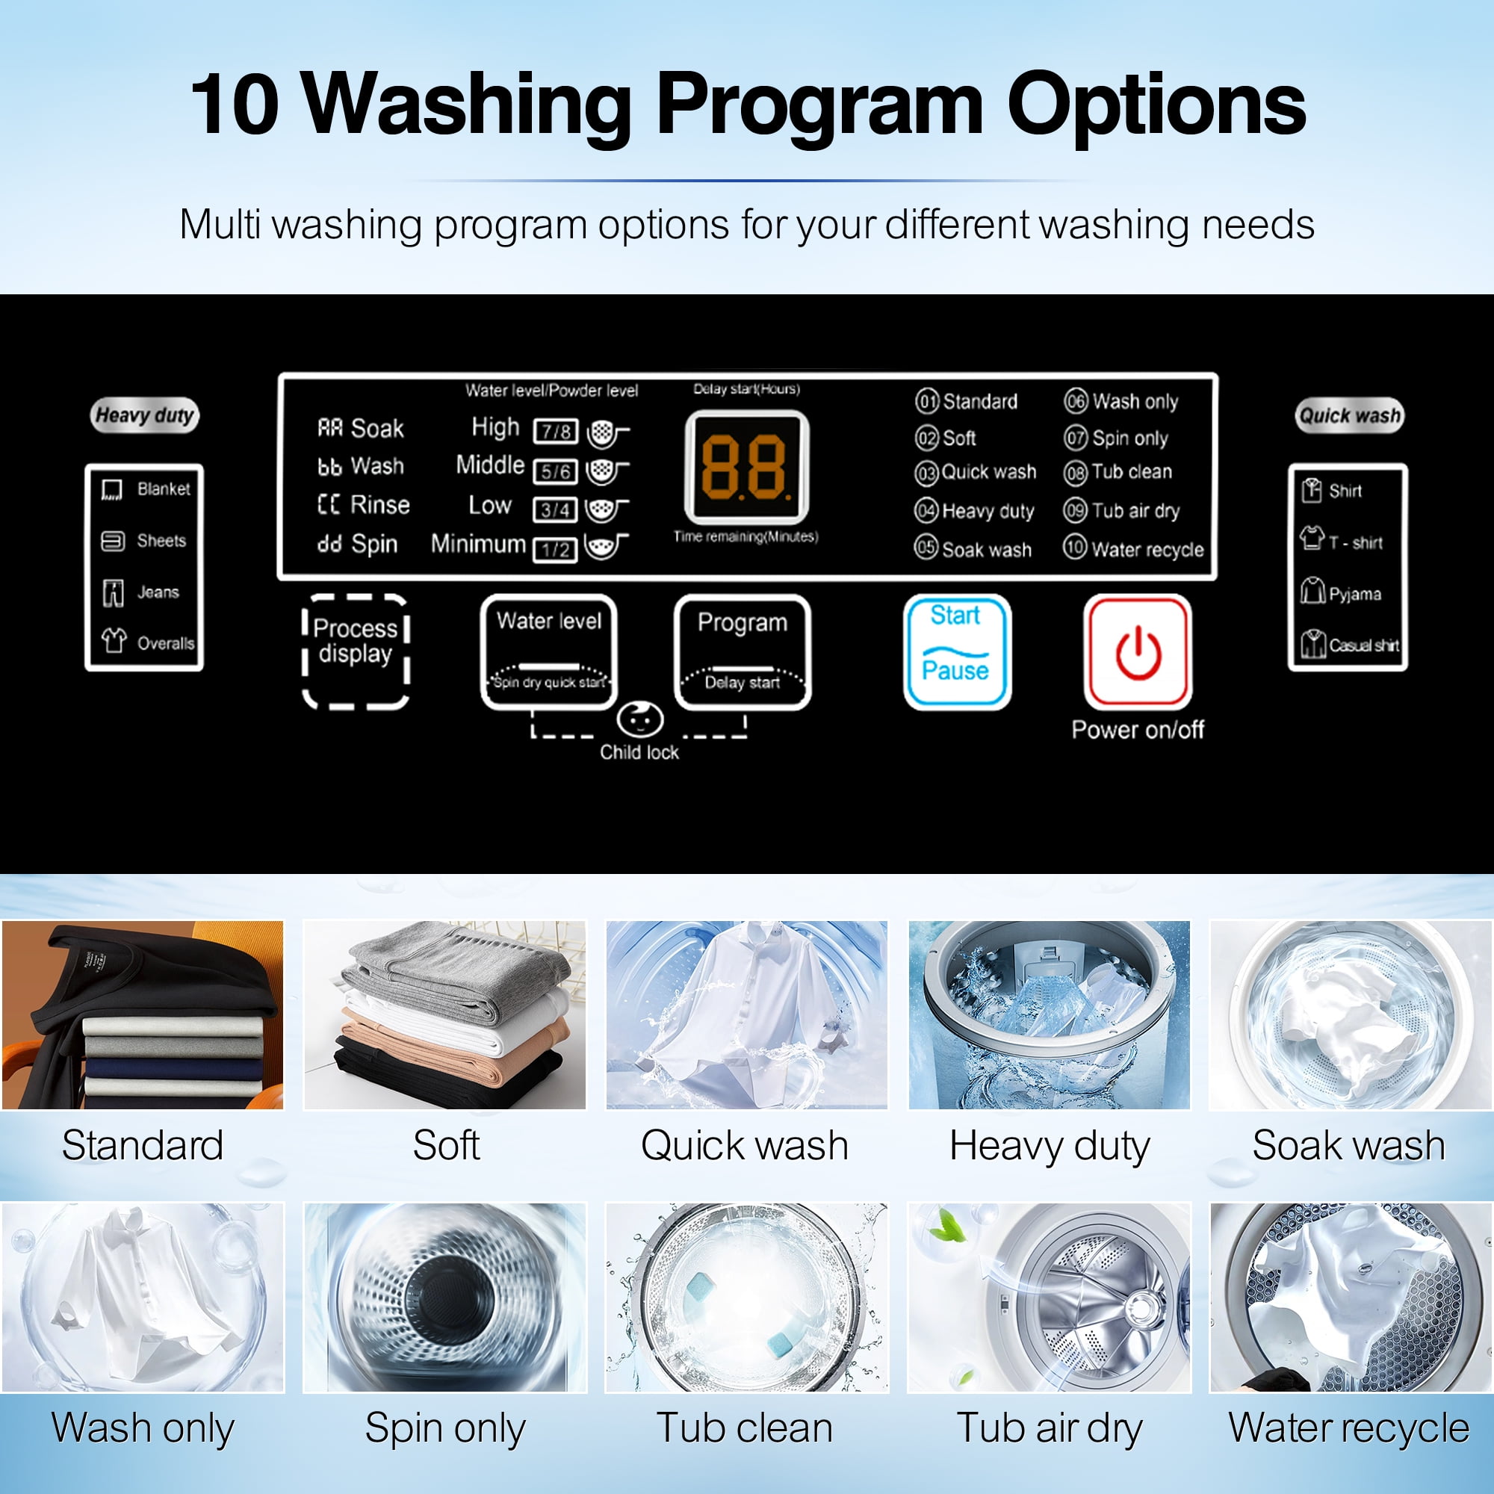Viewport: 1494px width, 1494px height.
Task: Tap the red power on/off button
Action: click(1138, 652)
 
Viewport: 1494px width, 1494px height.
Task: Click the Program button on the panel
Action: click(743, 652)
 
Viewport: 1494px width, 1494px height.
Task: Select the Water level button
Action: click(549, 652)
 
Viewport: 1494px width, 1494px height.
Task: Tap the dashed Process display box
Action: click(355, 652)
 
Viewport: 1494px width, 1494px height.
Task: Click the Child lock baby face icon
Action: click(639, 719)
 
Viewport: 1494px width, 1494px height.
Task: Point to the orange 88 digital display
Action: click(747, 467)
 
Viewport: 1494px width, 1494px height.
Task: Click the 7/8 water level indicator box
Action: click(555, 431)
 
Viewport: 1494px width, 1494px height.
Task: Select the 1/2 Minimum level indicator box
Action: click(555, 550)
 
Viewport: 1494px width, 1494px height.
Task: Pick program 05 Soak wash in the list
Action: click(973, 548)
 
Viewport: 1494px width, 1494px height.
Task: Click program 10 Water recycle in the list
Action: click(1134, 548)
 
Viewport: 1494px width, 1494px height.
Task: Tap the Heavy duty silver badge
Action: click(145, 415)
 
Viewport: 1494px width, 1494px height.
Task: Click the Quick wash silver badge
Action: click(1349, 415)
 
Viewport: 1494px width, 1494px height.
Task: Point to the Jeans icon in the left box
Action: click(113, 593)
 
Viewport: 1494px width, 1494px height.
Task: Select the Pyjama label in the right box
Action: click(1355, 594)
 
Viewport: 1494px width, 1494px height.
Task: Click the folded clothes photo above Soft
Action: click(444, 1014)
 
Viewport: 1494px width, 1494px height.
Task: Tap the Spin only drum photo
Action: click(444, 1298)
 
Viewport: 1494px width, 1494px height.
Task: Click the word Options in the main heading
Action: click(1156, 104)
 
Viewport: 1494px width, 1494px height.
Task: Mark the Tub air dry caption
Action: click(1050, 1428)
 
